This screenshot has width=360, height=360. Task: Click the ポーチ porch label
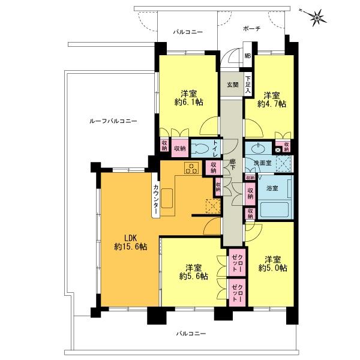252,29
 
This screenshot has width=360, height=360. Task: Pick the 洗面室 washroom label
262,163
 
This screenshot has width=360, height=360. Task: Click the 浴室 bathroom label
272,188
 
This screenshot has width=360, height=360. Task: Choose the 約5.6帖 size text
193,277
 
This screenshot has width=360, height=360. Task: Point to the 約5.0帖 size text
272,268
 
